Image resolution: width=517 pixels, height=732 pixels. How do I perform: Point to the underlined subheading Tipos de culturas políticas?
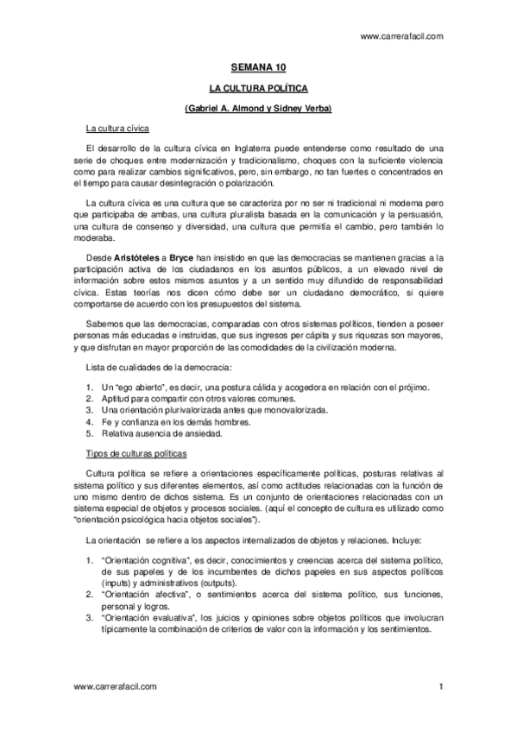(x=142, y=453)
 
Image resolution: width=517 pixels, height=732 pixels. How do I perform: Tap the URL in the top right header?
(x=401, y=36)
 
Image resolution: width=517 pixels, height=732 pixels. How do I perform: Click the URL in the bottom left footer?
(x=115, y=686)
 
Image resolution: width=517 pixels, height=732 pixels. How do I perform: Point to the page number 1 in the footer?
(x=440, y=686)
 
